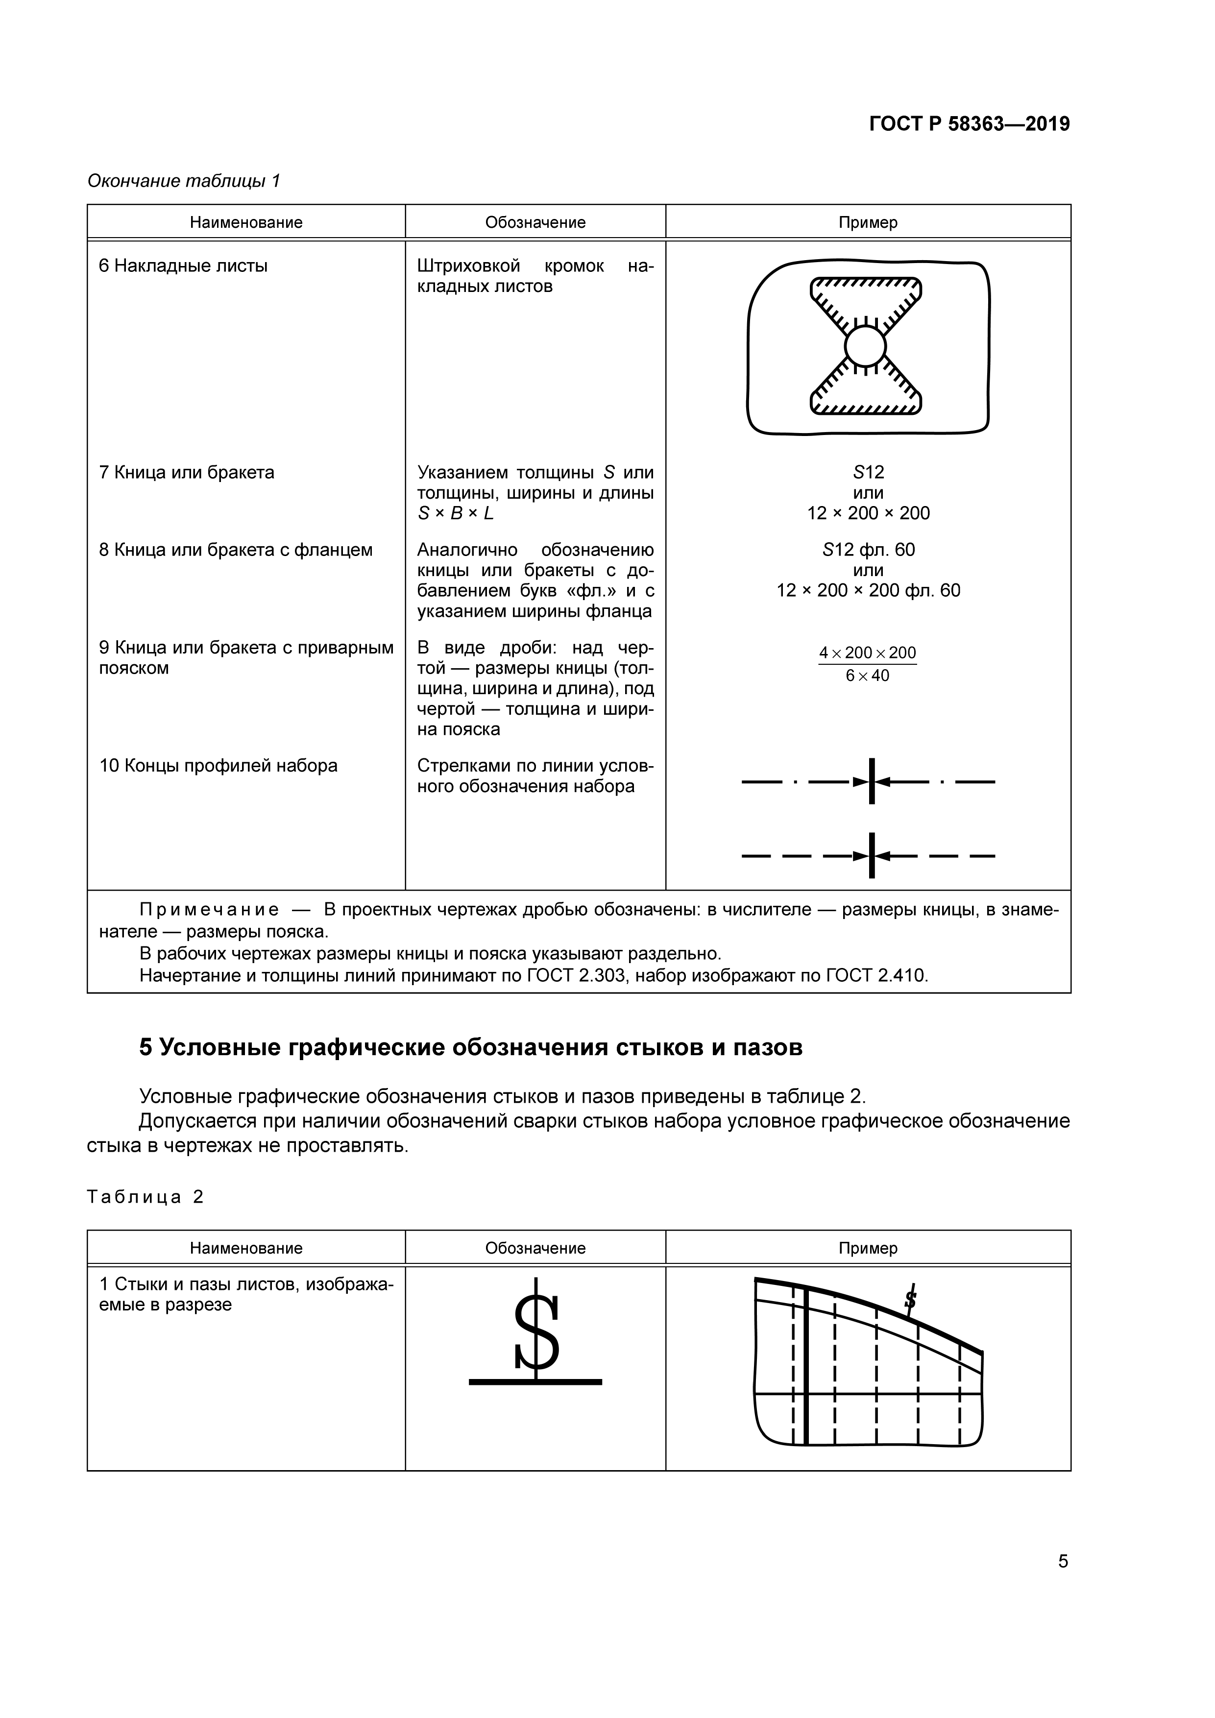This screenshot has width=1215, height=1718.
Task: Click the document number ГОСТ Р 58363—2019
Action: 969,124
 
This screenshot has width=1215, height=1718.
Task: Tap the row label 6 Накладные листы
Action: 183,266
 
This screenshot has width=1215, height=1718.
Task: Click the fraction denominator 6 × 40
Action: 867,676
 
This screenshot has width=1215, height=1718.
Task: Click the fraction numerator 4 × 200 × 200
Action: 867,653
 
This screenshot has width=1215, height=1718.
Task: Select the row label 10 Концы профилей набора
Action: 219,766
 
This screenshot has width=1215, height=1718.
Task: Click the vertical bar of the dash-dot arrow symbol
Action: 872,781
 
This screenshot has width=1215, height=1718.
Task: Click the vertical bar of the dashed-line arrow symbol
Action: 872,855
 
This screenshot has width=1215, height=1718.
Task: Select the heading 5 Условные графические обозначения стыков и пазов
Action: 471,1047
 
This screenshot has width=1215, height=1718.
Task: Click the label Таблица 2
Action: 145,1197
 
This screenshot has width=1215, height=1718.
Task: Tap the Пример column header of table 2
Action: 868,1248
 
